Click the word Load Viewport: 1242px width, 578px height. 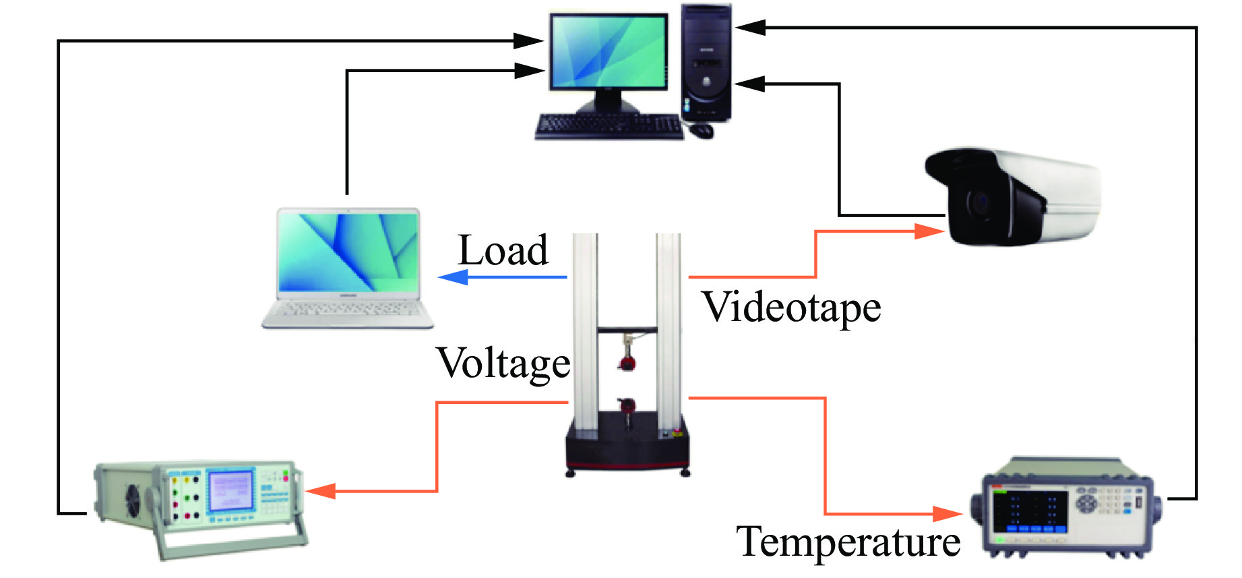coord(503,251)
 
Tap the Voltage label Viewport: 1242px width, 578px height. coord(503,364)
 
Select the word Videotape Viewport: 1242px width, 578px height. coord(791,308)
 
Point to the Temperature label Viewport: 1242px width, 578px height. coord(848,542)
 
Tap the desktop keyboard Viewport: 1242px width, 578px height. coord(608,126)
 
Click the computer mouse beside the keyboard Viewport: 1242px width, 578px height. coord(702,129)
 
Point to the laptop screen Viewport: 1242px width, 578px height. coord(348,252)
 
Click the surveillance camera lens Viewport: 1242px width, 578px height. coord(979,202)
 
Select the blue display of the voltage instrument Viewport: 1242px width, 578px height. coord(230,492)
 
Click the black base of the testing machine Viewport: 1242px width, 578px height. coord(627,446)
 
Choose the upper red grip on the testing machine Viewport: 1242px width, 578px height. coord(627,364)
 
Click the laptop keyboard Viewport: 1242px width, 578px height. coord(348,311)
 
